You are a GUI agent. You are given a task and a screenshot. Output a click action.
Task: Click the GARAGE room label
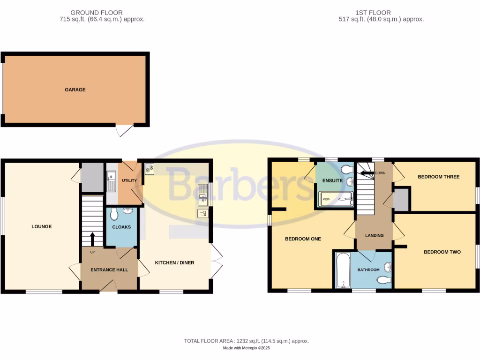point(75,90)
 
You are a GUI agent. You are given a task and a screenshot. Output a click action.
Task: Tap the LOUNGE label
point(41,227)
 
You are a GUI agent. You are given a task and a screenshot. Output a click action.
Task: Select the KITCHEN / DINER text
point(174,263)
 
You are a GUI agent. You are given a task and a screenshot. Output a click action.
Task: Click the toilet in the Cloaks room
point(114,215)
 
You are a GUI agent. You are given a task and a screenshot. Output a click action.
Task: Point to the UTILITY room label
point(129,180)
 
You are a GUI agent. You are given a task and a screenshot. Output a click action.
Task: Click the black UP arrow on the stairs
point(92,239)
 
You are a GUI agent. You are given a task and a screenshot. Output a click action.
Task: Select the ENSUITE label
point(332,180)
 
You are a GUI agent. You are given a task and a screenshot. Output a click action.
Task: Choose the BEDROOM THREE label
point(438,177)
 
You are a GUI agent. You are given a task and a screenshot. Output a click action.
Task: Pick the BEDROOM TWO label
point(442,252)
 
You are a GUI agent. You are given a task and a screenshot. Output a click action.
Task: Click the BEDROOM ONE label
point(303,239)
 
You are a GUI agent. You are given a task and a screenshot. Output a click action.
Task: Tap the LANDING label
point(374,236)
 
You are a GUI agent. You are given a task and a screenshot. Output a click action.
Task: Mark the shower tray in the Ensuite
point(336,200)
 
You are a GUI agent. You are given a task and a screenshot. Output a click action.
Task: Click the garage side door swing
point(125,130)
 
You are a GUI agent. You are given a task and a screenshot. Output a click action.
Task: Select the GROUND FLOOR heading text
point(97,13)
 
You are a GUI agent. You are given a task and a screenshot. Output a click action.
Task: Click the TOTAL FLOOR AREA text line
point(246,341)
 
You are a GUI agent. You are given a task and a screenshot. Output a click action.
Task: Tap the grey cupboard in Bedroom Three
point(401,200)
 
